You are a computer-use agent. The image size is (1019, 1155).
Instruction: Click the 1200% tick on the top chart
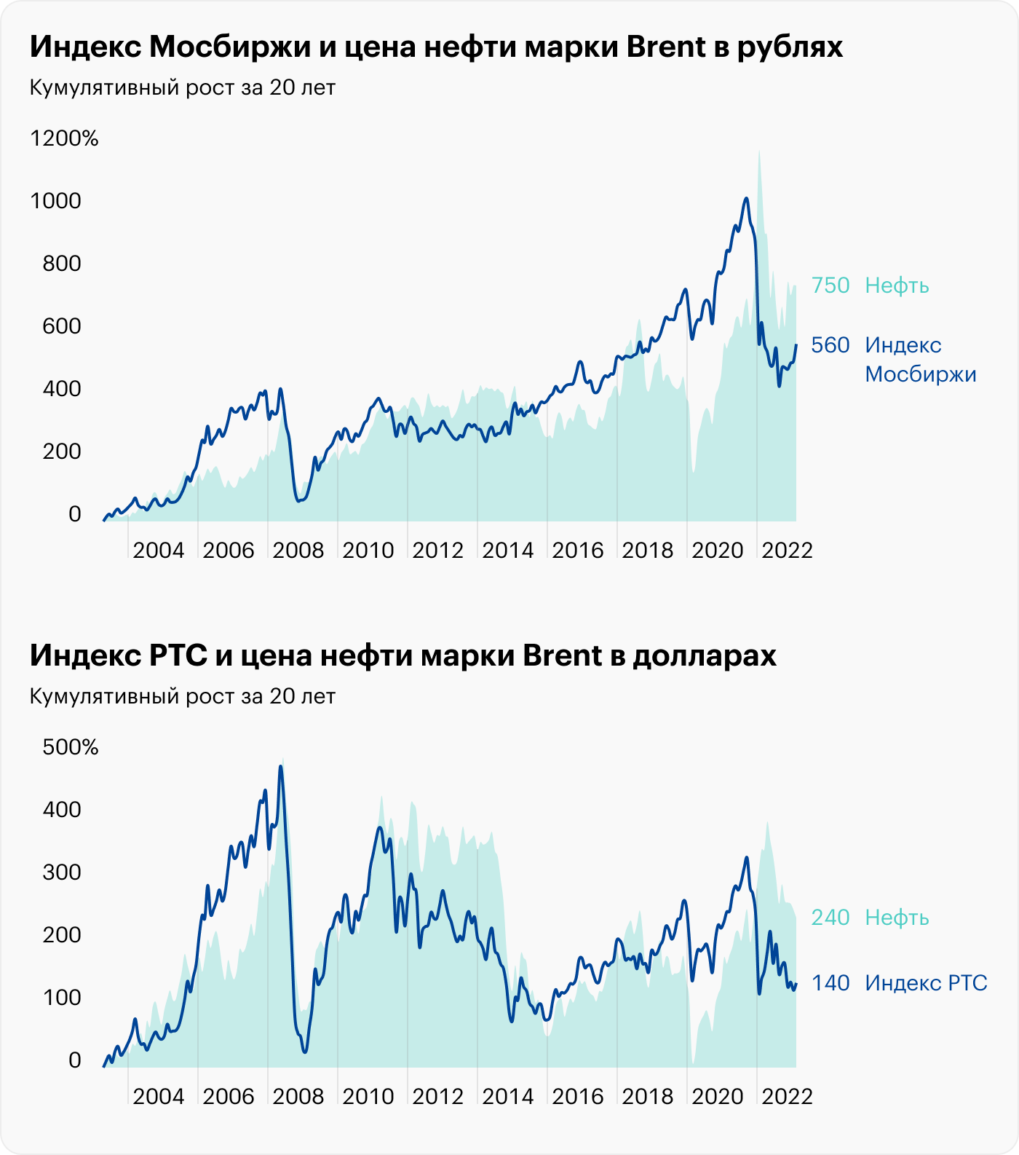64,138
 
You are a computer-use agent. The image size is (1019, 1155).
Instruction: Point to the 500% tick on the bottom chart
70,747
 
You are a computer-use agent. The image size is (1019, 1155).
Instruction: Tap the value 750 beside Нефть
830,285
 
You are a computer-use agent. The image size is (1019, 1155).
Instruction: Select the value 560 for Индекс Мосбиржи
830,345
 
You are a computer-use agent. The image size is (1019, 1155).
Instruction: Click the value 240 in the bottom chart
830,918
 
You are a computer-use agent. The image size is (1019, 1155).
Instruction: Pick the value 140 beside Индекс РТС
830,983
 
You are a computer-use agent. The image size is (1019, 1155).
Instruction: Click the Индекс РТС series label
926,983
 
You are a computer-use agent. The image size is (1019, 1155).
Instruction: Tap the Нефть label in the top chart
897,285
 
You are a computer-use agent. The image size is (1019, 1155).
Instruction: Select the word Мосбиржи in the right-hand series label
921,374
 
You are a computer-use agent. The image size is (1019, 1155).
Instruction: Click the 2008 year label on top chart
298,550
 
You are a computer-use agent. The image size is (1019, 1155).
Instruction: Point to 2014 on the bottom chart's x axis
508,1096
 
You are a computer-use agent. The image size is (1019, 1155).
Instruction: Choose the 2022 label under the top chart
787,550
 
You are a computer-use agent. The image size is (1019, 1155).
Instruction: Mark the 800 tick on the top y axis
62,264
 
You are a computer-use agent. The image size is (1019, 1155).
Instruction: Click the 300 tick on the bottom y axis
62,872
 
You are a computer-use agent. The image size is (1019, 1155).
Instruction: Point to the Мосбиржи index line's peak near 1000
746,198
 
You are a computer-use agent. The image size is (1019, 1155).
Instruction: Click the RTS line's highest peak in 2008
281,766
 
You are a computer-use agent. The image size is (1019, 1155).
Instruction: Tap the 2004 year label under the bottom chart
159,1096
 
